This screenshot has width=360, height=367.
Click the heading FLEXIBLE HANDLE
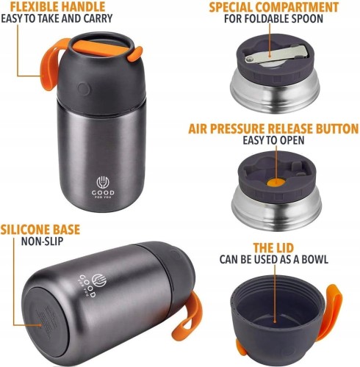[x=58, y=7]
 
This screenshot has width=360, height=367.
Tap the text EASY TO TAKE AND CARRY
[x=57, y=18]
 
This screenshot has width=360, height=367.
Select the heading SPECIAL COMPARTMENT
[x=274, y=7]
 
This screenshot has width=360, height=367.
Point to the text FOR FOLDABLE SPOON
[x=273, y=19]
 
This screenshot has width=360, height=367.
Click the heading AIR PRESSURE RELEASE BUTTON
[x=273, y=128]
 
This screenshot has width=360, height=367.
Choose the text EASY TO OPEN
[x=273, y=140]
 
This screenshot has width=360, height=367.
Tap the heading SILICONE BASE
[x=40, y=230]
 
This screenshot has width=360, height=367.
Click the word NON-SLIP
[x=42, y=241]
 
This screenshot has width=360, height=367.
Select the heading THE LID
[x=273, y=248]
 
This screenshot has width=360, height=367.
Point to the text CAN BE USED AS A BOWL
[x=273, y=259]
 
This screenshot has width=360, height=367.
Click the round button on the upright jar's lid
[x=84, y=89]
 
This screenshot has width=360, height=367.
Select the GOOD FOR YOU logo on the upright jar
[x=103, y=187]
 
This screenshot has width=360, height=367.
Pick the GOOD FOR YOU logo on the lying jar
[x=93, y=285]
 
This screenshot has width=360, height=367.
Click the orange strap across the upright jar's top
[x=101, y=48]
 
